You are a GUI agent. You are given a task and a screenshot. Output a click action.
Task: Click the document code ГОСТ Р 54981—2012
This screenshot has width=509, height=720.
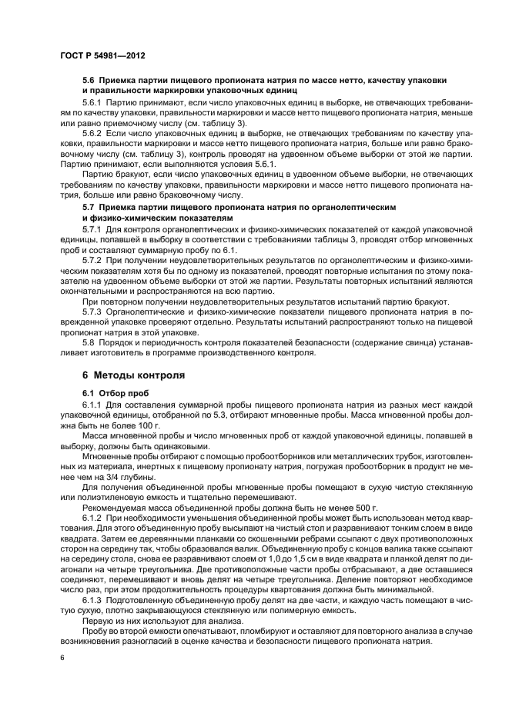(103, 56)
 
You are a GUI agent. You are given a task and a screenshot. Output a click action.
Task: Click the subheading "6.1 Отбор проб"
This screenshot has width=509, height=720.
(112, 392)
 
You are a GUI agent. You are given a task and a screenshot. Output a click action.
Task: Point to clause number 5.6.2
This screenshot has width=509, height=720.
(92, 132)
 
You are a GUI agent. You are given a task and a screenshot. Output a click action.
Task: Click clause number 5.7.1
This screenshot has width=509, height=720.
(92, 229)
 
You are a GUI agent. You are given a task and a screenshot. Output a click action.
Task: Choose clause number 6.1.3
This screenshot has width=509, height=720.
(92, 598)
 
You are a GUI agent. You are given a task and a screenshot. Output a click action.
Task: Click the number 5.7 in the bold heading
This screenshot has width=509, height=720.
(88, 208)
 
